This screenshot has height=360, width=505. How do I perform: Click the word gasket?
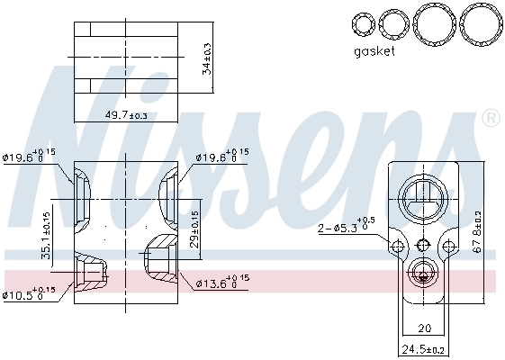coord(374,51)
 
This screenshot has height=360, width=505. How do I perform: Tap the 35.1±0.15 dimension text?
coord(47,236)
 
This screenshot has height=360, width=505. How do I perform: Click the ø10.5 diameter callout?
coord(29,292)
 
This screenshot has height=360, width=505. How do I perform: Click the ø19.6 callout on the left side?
coord(29,157)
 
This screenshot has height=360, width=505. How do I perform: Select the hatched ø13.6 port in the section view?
coord(159,255)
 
